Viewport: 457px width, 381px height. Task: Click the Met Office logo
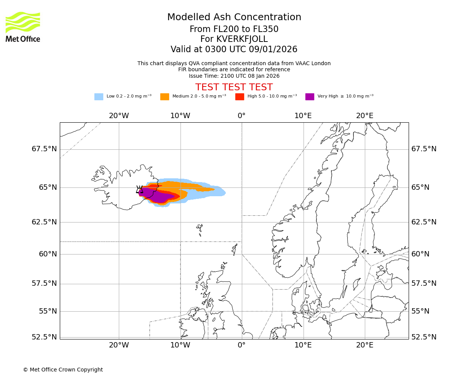point(23,27)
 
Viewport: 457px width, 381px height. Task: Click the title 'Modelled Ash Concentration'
point(234,17)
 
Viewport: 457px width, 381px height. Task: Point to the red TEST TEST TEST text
point(234,87)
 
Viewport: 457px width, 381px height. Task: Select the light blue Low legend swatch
point(99,97)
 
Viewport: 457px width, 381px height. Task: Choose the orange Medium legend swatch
point(165,97)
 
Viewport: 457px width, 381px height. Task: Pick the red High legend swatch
point(240,97)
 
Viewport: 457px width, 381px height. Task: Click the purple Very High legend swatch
point(310,97)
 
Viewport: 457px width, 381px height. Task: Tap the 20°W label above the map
point(119,115)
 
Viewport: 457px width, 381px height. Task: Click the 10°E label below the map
point(303,345)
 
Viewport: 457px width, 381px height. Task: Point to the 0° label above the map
point(241,115)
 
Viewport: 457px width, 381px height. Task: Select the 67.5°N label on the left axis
point(44,149)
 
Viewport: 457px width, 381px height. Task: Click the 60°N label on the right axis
point(420,254)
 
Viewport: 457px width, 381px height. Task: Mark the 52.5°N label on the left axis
point(44,337)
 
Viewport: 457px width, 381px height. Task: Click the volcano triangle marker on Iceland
point(139,189)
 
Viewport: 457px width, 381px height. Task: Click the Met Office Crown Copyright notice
point(63,370)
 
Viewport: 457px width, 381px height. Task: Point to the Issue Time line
point(234,76)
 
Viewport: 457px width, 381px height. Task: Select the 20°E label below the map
point(364,345)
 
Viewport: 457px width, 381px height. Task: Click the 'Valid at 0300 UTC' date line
point(234,50)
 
